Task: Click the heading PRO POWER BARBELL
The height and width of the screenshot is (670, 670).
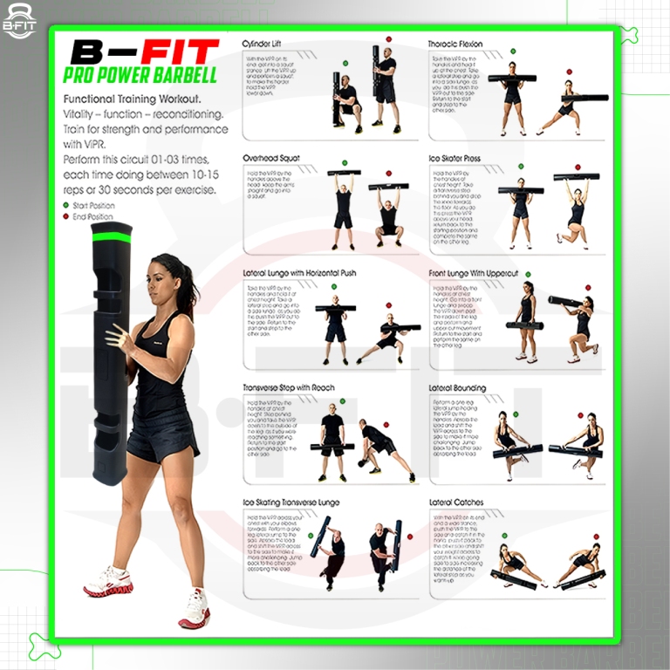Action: (141, 76)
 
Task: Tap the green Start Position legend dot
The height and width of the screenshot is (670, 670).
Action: (66, 205)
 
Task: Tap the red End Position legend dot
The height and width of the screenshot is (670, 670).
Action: (66, 216)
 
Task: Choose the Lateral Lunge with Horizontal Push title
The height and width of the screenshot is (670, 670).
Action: (299, 273)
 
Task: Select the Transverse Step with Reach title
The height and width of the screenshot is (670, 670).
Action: (288, 387)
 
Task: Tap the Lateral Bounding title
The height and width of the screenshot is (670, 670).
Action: (455, 387)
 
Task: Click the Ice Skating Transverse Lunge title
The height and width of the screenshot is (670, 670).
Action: (291, 502)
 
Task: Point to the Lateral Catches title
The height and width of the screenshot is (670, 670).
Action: (455, 502)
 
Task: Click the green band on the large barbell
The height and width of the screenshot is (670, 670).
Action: (113, 235)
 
